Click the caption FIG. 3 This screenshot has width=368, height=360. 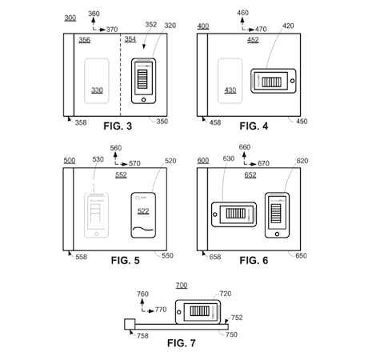point(118,126)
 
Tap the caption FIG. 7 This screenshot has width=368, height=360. point(182,343)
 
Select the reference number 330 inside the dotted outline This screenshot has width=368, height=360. point(97,90)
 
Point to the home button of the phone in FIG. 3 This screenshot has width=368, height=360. point(144,100)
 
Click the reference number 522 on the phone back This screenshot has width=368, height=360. point(143,211)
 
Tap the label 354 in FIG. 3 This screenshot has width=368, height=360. point(130,39)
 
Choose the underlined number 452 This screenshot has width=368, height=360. point(253,40)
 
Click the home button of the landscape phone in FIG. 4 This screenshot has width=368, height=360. point(292,81)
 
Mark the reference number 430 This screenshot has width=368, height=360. point(230,90)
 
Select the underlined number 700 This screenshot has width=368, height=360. point(182,286)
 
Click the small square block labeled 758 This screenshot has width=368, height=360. point(130,324)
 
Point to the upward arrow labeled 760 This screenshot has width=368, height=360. point(142,304)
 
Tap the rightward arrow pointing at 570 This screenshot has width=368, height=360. point(124,164)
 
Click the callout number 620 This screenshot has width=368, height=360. point(302,161)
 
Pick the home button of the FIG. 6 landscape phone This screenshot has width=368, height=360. point(215,214)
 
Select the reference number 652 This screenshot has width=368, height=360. point(250,175)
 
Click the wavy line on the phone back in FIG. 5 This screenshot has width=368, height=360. point(143,229)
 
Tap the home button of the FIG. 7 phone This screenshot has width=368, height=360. point(179,312)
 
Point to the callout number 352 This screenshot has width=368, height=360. point(150,25)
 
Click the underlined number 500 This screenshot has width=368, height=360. point(70,161)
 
